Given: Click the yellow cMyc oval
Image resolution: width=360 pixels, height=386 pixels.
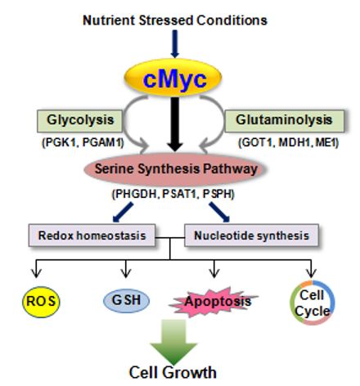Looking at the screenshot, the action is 173,78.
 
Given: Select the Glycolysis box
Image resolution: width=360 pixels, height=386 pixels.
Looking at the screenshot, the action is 79,121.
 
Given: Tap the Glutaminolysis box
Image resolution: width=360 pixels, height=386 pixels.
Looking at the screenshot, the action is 284,121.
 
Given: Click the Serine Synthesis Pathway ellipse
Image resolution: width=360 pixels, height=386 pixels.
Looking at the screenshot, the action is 175,169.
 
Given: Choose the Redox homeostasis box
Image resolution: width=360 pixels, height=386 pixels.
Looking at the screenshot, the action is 92,236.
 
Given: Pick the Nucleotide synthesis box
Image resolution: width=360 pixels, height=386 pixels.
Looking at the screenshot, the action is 251,236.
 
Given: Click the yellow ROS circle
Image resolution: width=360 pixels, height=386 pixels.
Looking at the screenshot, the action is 41,302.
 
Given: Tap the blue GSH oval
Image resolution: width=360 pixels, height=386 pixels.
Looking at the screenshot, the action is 126,301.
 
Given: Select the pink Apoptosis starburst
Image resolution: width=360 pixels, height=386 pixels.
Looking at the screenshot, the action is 214,302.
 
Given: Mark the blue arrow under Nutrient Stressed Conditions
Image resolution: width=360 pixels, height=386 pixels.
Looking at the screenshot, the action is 175,44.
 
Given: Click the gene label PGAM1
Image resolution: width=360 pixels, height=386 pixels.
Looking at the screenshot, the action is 103,142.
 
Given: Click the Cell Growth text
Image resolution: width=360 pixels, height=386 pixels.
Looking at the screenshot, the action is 173,373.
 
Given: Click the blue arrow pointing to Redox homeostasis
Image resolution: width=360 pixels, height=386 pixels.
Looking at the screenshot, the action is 123,213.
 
